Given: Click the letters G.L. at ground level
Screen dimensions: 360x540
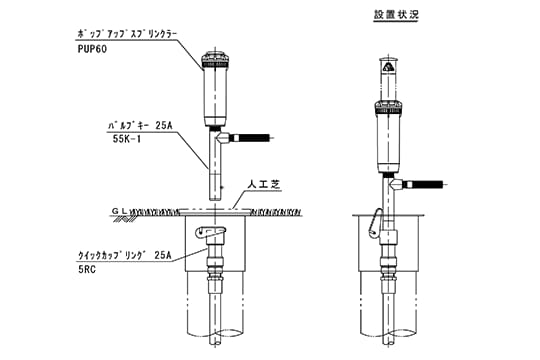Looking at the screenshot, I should tap(120, 211).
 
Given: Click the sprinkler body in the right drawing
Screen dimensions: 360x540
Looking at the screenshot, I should tap(385, 140).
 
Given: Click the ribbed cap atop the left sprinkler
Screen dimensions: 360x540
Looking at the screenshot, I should tap(213, 58).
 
